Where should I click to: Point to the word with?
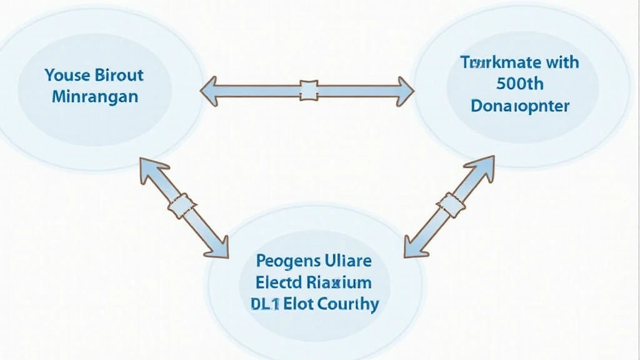[557, 62]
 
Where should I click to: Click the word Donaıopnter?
[520, 106]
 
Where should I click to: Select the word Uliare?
[347, 261]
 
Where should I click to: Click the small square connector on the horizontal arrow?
[309, 90]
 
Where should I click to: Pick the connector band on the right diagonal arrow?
[451, 203]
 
